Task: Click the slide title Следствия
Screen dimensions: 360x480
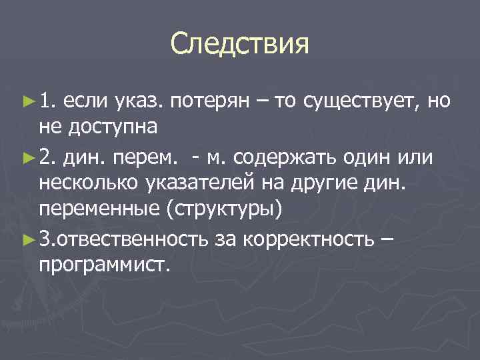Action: (240, 45)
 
